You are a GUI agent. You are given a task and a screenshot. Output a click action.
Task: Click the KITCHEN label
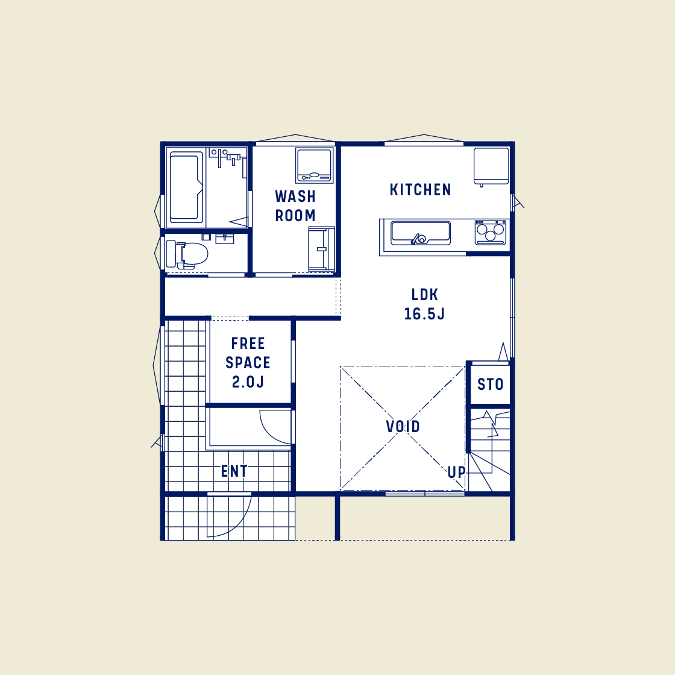[x=420, y=190]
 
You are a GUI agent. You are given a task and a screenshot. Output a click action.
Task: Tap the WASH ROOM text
[x=295, y=206]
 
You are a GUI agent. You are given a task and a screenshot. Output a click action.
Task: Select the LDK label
[x=424, y=295]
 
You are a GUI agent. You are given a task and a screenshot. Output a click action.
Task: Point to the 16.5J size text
[x=424, y=314]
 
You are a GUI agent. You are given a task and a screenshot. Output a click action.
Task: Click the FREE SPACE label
[x=248, y=353]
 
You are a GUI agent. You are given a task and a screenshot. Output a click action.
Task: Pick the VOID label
[x=403, y=427]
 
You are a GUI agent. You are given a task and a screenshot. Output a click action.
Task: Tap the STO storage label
[x=490, y=385]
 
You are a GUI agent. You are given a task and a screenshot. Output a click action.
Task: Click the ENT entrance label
[x=234, y=471]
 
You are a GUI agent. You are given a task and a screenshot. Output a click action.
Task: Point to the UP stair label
[x=456, y=472]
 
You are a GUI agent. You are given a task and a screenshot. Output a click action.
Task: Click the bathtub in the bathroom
[x=186, y=187]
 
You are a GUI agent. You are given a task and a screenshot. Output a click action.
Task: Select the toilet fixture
[x=188, y=254]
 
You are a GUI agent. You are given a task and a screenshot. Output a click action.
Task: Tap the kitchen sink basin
[x=420, y=233]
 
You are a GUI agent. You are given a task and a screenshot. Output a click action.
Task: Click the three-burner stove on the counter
[x=490, y=232]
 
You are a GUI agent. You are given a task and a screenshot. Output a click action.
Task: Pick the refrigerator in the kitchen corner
[x=491, y=166]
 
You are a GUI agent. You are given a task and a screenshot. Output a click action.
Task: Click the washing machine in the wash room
[x=314, y=165]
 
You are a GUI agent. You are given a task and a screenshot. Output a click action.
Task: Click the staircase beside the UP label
[x=489, y=449]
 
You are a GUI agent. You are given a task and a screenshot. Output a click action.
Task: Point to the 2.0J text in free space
[x=248, y=382]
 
